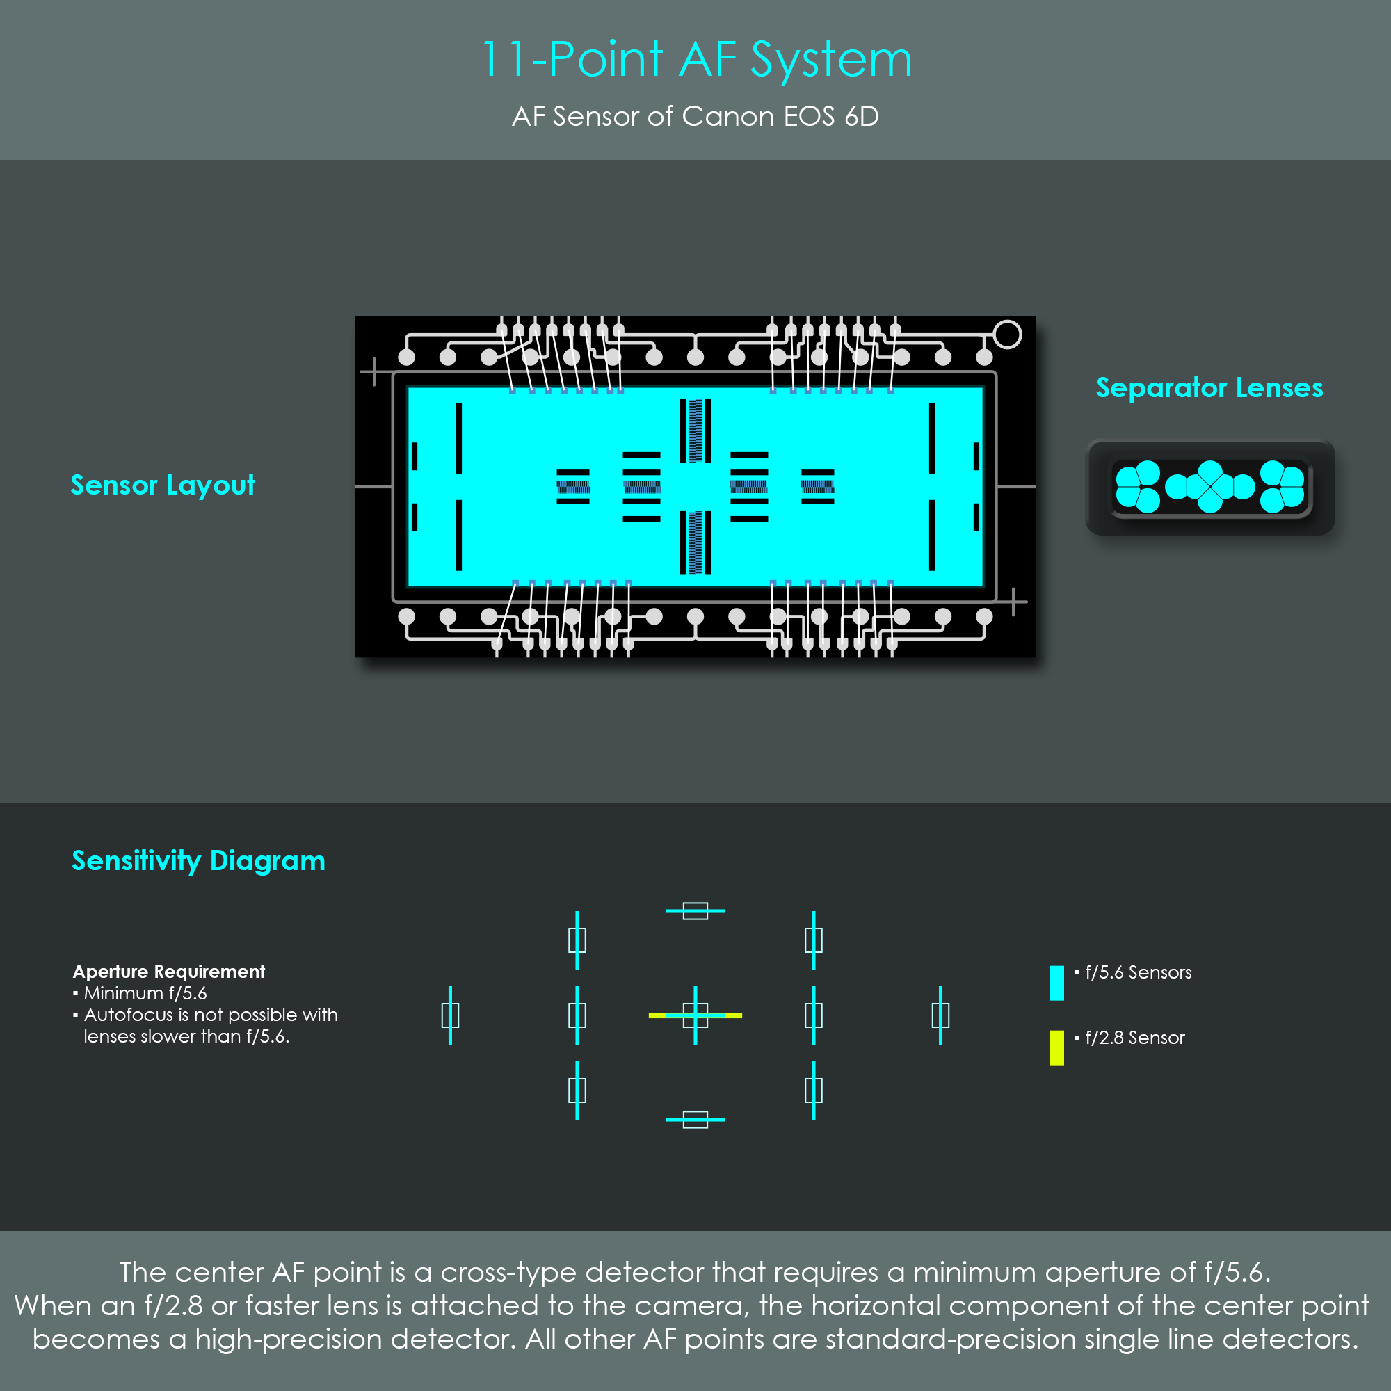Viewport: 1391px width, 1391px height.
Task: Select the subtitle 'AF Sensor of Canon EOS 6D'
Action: pyautogui.click(x=695, y=116)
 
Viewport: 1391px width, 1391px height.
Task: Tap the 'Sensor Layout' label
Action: pyautogui.click(x=163, y=485)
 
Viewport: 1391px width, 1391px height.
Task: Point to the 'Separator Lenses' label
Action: pyautogui.click(x=1209, y=387)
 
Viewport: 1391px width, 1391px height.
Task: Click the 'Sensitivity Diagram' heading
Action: pyautogui.click(x=199, y=861)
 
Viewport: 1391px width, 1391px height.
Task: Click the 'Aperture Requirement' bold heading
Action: pyautogui.click(x=169, y=971)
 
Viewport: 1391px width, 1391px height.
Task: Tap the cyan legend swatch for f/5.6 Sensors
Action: pyautogui.click(x=1057, y=983)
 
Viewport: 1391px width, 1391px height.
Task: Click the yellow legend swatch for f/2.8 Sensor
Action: pyautogui.click(x=1057, y=1047)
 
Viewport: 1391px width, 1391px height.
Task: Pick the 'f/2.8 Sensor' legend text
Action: pyautogui.click(x=1134, y=1038)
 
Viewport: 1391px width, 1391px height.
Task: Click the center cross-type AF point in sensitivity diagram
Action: pyautogui.click(x=695, y=1015)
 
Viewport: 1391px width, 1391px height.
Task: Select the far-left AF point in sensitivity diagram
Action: pyautogui.click(x=450, y=1015)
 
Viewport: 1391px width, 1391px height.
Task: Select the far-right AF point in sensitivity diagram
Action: pyautogui.click(x=940, y=1015)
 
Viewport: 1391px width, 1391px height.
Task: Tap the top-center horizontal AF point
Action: pyautogui.click(x=695, y=911)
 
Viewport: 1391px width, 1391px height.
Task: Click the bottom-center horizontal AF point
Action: pyautogui.click(x=695, y=1120)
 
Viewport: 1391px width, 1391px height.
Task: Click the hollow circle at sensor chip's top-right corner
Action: pyautogui.click(x=1007, y=334)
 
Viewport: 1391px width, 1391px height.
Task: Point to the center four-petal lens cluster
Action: pyautogui.click(x=1210, y=487)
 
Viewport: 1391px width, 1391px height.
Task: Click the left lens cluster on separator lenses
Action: pyautogui.click(x=1139, y=487)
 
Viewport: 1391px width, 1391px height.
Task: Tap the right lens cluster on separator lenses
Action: pyautogui.click(x=1283, y=487)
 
